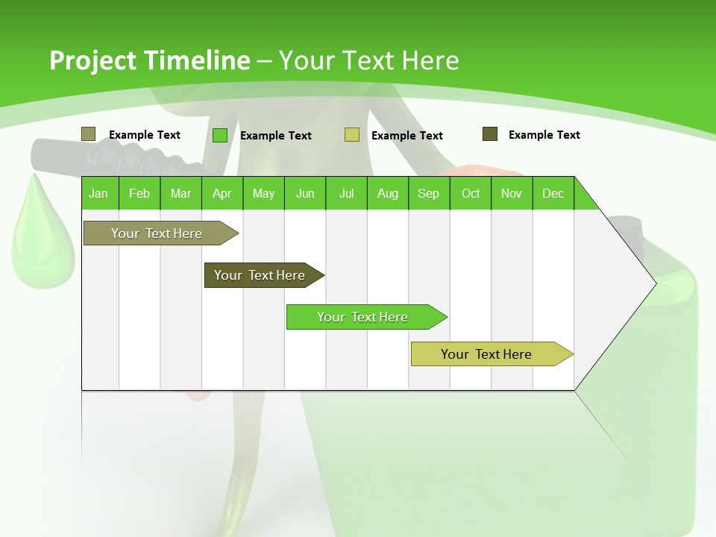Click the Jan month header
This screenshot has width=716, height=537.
point(99,193)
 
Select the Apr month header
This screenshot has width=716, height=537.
point(222,193)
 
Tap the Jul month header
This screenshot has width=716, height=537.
point(346,193)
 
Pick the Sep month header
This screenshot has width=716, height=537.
point(428,193)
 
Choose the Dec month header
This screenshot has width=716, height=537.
point(553,193)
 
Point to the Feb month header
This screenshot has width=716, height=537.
point(139,193)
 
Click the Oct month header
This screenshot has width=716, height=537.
point(471,193)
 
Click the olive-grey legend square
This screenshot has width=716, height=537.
point(89,134)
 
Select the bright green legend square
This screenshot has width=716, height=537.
point(220,135)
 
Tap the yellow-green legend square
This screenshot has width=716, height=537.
point(352,135)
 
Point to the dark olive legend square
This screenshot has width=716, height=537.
point(490,134)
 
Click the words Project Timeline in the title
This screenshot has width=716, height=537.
point(150,60)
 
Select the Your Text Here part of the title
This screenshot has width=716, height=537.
point(368,60)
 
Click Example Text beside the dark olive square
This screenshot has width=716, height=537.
point(544,135)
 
